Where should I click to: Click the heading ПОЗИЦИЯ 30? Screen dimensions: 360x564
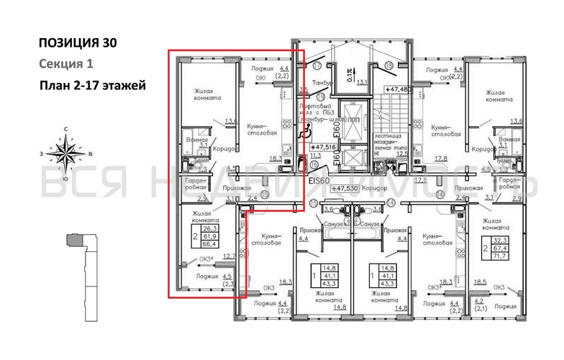click(77, 42)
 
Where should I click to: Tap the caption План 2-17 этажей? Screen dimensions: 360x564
click(93, 86)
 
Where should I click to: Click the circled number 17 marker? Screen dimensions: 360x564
click(317, 66)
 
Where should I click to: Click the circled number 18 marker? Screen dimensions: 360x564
click(389, 66)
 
